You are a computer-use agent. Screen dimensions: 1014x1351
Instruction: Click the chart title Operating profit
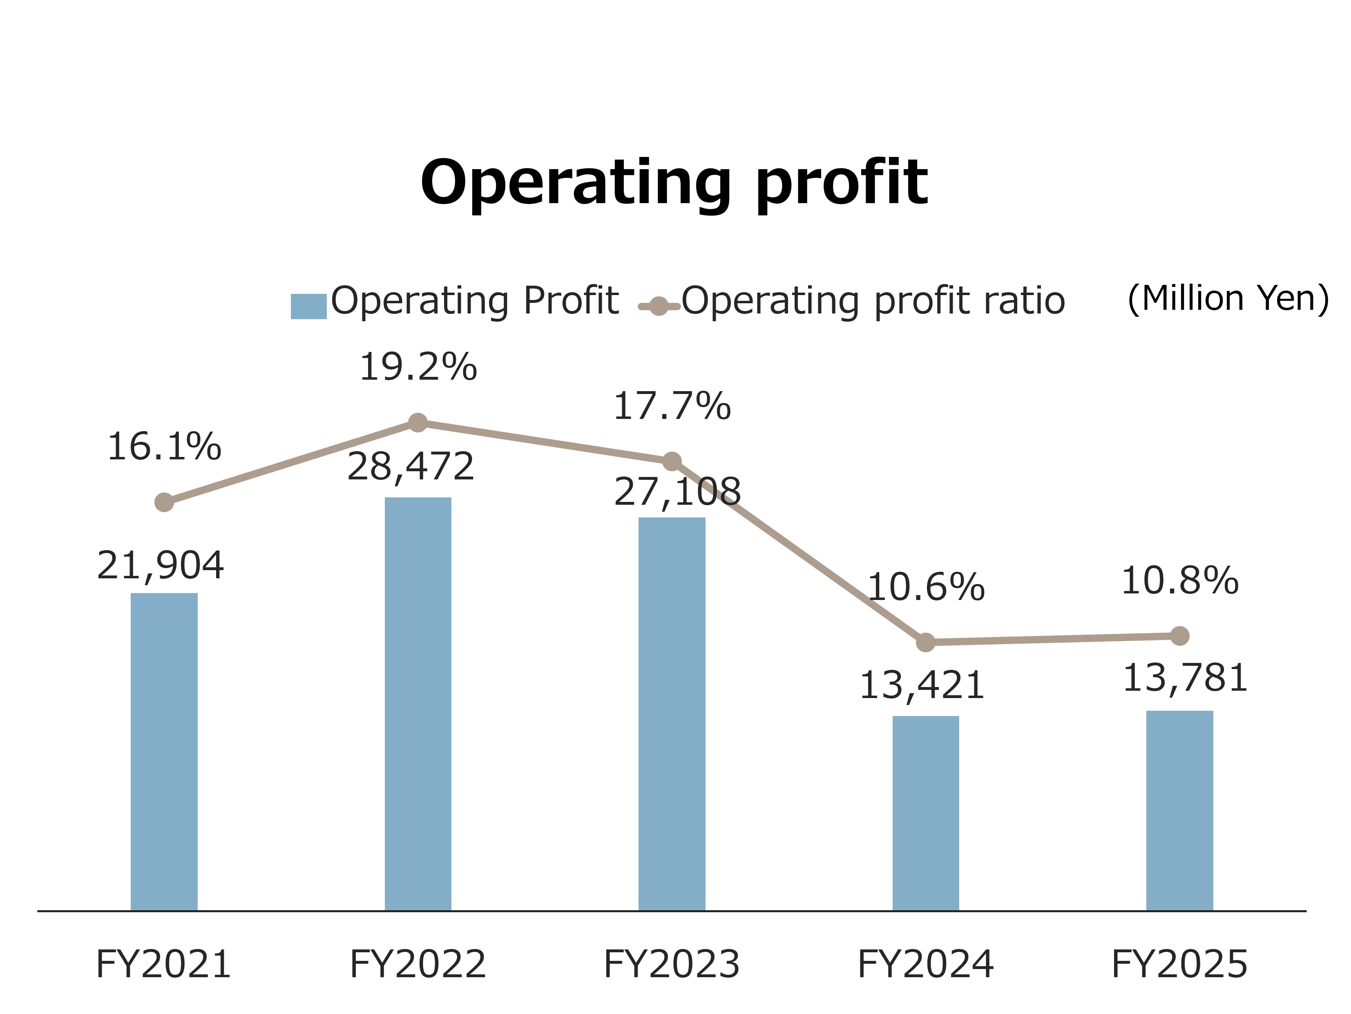tap(674, 183)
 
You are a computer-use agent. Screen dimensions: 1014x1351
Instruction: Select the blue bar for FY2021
tap(164, 751)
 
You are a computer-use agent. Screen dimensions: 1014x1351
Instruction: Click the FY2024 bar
tap(925, 813)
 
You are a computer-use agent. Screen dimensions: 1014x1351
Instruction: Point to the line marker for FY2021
tap(164, 502)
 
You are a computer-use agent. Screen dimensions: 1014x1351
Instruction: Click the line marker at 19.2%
tap(418, 422)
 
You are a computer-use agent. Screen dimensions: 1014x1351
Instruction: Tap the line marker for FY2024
tap(925, 642)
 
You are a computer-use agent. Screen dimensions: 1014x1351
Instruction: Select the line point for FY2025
tap(1179, 636)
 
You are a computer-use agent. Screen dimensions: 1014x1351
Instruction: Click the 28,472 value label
tap(411, 467)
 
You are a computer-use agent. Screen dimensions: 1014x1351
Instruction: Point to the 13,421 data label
tap(922, 685)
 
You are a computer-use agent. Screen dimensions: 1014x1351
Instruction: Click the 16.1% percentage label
tap(164, 447)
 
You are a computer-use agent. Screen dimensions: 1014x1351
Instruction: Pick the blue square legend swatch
tap(308, 306)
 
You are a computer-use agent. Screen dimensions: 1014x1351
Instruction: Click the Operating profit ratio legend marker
tap(659, 306)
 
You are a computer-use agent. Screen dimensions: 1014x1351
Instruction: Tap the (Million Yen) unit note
tap(1228, 299)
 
